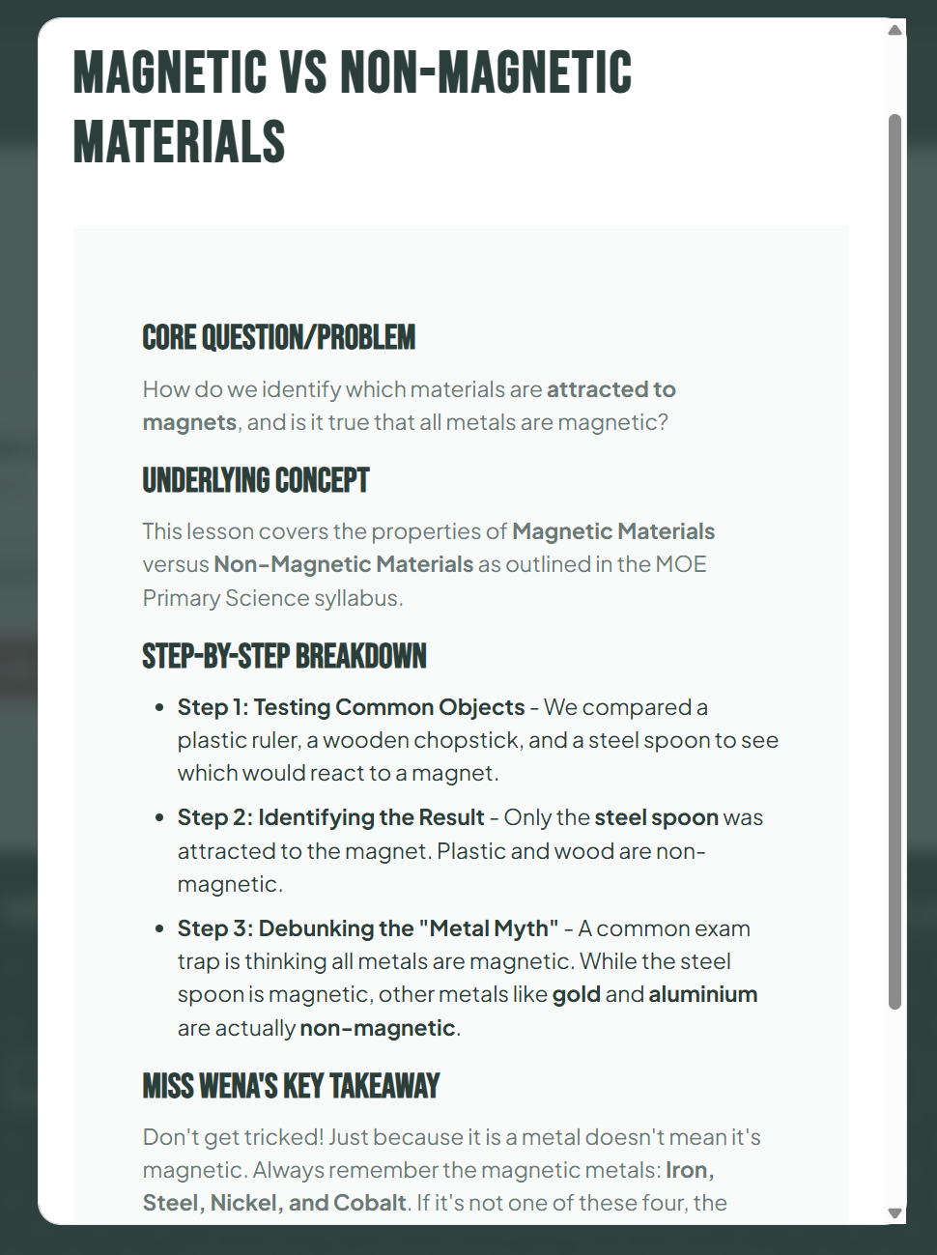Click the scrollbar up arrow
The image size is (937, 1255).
click(894, 30)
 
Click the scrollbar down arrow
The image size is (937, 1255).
click(894, 1212)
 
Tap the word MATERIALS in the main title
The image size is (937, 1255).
click(180, 142)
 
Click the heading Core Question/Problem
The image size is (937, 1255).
click(278, 337)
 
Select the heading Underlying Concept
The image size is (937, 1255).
click(256, 480)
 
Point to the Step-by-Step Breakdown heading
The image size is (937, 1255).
click(284, 657)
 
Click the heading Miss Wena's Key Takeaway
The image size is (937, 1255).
click(291, 1086)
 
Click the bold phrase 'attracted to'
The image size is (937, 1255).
click(610, 389)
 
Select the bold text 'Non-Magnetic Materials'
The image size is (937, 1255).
click(343, 564)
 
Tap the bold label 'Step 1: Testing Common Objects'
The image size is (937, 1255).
click(351, 707)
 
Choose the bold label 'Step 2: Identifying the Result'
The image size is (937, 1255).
click(330, 817)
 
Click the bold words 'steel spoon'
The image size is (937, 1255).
click(656, 817)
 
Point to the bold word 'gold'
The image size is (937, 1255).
click(576, 994)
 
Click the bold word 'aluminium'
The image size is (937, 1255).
click(702, 994)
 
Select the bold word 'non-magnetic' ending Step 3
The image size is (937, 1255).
click(377, 1028)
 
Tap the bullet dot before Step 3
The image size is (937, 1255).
click(159, 928)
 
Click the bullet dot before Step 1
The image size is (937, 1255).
click(159, 707)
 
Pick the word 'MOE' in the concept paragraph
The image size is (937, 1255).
click(681, 564)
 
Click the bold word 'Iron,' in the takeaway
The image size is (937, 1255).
click(690, 1170)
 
